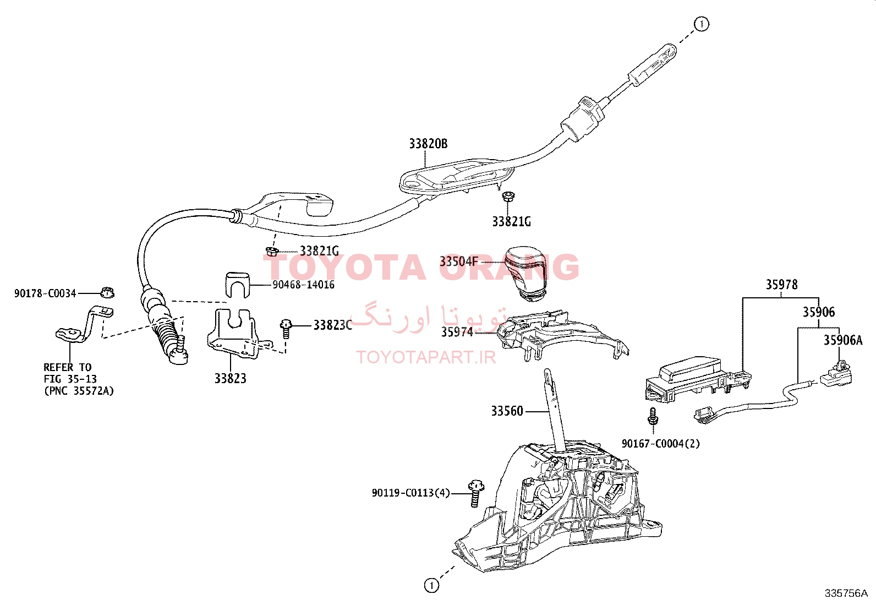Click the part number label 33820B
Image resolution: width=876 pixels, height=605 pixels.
point(428,144)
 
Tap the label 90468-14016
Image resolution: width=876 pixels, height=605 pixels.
point(304,285)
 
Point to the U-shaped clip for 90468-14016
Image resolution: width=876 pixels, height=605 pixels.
point(237,285)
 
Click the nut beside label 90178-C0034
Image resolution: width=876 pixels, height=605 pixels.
point(107,293)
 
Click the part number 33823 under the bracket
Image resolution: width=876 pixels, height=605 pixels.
point(231,378)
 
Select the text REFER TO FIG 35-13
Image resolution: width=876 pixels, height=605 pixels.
point(70,373)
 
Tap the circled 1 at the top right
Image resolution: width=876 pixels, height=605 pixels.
point(701,24)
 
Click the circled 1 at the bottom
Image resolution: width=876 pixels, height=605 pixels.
point(431,586)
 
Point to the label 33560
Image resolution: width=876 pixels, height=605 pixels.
point(507,411)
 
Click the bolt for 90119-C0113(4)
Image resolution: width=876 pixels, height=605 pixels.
point(476,493)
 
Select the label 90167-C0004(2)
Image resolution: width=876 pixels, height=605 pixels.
point(661,443)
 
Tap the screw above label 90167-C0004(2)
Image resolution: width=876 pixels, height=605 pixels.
point(652,417)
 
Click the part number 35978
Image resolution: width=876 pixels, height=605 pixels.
point(781,285)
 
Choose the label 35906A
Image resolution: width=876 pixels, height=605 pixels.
point(843,340)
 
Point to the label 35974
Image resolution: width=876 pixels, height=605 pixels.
point(457,332)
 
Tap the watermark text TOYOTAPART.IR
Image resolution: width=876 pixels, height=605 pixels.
point(426,357)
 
